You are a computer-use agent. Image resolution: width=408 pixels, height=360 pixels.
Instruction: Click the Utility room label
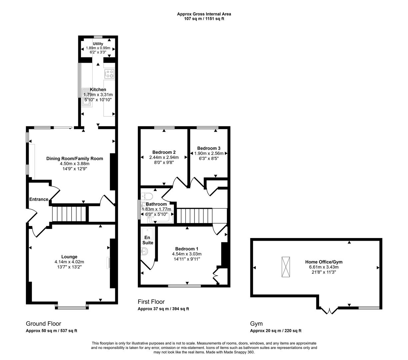click(x=98, y=44)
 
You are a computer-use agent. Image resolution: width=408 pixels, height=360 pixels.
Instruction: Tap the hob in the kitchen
click(x=110, y=74)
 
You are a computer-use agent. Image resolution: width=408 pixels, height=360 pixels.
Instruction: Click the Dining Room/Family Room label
click(x=75, y=159)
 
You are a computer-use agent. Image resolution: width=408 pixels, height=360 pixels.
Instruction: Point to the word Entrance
click(x=39, y=199)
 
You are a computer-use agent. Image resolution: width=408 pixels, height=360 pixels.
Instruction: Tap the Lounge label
click(x=70, y=257)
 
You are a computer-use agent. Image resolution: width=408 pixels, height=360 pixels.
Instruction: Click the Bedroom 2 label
click(x=164, y=152)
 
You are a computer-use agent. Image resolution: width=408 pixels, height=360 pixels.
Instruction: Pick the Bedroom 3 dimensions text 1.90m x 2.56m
click(x=209, y=153)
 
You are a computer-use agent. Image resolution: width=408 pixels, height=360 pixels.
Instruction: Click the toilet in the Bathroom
click(x=147, y=196)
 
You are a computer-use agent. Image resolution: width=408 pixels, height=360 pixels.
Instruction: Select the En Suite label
click(x=148, y=240)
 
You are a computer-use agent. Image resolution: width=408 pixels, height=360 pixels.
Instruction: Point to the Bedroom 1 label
click(x=187, y=249)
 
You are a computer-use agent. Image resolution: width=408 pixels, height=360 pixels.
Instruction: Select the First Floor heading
click(x=151, y=302)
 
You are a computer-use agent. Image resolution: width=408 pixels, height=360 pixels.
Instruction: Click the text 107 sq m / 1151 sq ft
click(x=204, y=19)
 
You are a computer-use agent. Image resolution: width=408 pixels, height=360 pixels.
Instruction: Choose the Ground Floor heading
click(x=43, y=324)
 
